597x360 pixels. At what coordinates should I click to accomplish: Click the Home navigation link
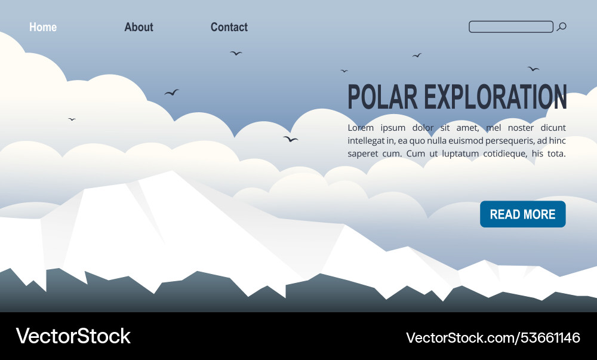click(43, 27)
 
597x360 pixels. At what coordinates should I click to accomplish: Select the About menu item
click(139, 27)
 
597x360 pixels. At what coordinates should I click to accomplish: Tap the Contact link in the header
click(229, 27)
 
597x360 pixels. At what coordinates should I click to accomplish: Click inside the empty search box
click(510, 27)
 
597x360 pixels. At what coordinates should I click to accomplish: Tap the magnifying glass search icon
click(561, 27)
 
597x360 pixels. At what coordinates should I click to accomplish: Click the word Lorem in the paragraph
click(361, 128)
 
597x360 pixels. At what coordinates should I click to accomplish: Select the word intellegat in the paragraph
click(366, 141)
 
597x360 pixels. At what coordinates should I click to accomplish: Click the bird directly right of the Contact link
click(236, 53)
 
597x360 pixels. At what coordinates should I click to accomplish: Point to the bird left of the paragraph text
click(290, 139)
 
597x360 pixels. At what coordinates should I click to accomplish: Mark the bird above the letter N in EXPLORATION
click(533, 69)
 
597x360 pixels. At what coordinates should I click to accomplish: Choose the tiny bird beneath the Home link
click(72, 119)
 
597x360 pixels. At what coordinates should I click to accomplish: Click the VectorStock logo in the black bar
click(73, 336)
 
